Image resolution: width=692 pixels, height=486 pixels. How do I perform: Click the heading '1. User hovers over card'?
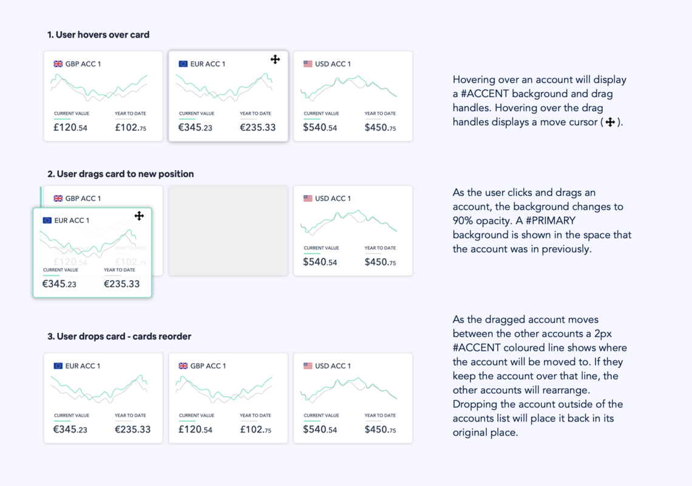point(98,35)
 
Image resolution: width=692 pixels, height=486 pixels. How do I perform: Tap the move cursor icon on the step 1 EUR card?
point(275,59)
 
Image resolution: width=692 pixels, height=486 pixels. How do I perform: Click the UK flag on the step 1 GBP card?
point(58,64)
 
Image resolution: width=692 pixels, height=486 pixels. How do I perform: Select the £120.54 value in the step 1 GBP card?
point(70,128)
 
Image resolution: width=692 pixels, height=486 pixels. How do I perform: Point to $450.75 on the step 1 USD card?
point(381,128)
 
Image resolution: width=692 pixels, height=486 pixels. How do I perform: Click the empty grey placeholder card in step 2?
point(228,231)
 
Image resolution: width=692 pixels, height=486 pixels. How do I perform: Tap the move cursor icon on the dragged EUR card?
point(139,216)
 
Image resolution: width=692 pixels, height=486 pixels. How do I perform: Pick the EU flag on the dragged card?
point(47,221)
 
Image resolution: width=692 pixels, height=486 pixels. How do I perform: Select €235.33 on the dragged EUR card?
point(121,284)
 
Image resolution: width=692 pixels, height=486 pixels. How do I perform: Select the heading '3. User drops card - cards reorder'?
point(120,337)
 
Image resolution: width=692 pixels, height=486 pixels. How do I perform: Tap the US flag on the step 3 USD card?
point(308,366)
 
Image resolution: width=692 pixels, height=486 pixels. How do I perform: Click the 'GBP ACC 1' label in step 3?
point(208,366)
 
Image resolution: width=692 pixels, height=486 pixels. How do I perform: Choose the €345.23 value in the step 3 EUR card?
point(70,430)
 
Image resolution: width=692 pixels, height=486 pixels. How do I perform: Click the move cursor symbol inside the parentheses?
point(610,122)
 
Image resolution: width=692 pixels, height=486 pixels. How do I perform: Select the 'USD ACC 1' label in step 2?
point(333,199)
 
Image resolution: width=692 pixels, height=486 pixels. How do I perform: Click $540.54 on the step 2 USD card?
point(320,262)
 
